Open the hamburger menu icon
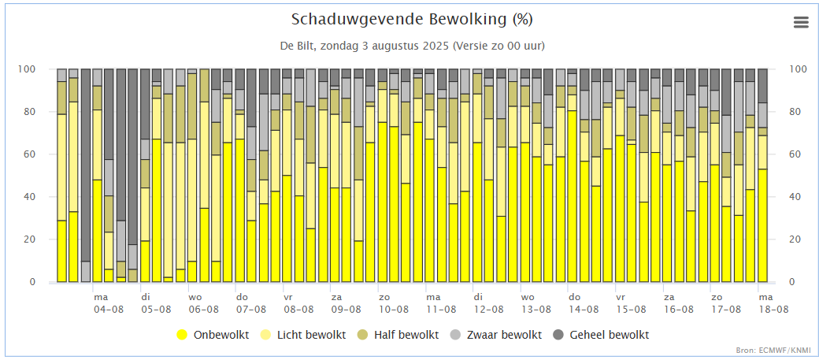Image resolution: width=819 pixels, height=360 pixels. coord(802,22)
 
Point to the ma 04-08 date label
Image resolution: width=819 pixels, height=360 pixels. coord(108,303)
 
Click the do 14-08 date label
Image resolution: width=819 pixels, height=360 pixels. coord(584,303)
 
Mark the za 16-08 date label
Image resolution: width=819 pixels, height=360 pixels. coord(679,303)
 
